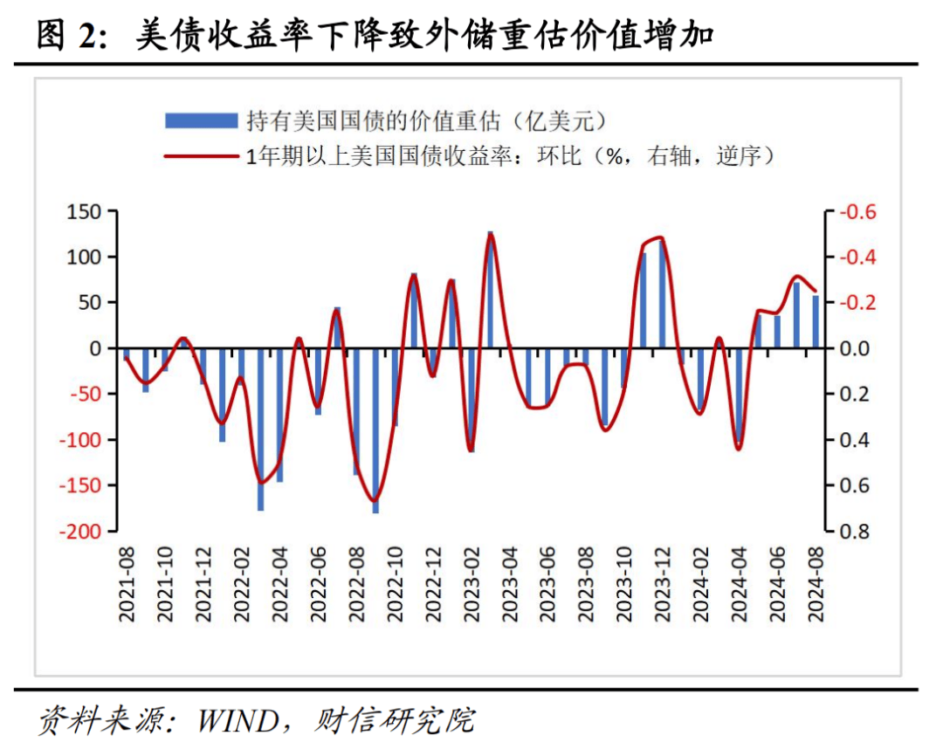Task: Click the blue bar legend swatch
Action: (x=201, y=120)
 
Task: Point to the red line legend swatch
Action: (x=201, y=156)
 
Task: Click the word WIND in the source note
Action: (x=235, y=720)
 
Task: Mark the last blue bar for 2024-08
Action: (x=816, y=322)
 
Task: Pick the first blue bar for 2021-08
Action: (x=127, y=354)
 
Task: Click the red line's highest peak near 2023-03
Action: (x=491, y=234)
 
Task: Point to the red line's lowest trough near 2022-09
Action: (x=375, y=501)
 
